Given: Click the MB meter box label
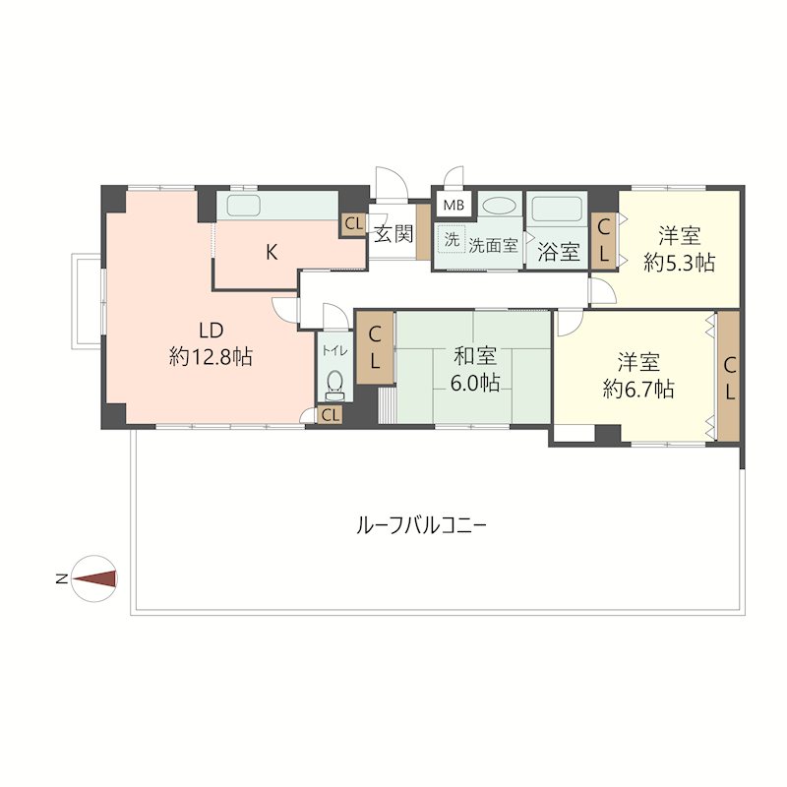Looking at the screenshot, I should (x=453, y=206).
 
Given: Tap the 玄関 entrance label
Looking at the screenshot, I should (x=393, y=236).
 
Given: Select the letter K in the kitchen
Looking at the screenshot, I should (x=271, y=252).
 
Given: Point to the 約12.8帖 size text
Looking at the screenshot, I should (x=211, y=356).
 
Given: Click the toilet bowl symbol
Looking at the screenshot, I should (x=333, y=380).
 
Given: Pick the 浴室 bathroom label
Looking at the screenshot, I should (x=558, y=251).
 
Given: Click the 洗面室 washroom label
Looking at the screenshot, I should (x=493, y=245).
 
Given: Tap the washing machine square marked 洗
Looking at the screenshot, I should (x=452, y=239).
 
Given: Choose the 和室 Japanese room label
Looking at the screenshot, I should (x=475, y=356).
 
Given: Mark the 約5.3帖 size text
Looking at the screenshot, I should (x=679, y=263).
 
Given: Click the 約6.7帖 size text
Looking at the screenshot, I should (x=638, y=389).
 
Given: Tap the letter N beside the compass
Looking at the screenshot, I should (x=62, y=579).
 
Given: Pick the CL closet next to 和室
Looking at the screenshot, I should (x=375, y=347).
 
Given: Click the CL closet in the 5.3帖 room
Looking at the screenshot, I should (x=604, y=242).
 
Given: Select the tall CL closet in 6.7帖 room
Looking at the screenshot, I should (x=729, y=377).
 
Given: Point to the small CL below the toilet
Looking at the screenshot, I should (x=331, y=415).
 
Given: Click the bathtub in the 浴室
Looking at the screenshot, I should (x=557, y=210).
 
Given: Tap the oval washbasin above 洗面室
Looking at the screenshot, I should (x=500, y=206).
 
